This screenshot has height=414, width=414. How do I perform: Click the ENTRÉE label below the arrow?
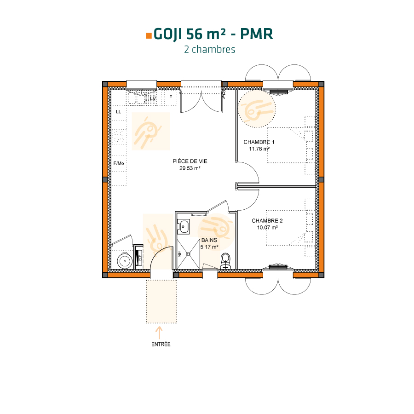pyautogui.click(x=161, y=344)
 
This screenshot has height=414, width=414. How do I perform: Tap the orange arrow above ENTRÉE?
pyautogui.click(x=159, y=333)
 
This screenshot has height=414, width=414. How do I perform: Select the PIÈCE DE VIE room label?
pyautogui.click(x=190, y=161)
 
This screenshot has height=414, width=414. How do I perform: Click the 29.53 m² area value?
pyautogui.click(x=190, y=168)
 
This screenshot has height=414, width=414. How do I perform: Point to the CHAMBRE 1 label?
pyautogui.click(x=259, y=142)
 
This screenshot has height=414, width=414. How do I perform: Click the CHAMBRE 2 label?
pyautogui.click(x=267, y=221)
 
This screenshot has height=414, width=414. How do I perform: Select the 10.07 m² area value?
pyautogui.click(x=267, y=228)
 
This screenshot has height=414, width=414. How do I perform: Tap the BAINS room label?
pyautogui.click(x=209, y=240)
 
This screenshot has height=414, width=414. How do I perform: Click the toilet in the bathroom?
pyautogui.click(x=225, y=261)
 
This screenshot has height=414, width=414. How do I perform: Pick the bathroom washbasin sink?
pyautogui.click(x=184, y=227)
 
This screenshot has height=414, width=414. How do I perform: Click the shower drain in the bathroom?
pyautogui.click(x=188, y=254)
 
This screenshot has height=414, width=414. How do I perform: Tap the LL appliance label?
pyautogui.click(x=119, y=112)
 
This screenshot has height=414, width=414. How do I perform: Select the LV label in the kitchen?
pyautogui.click(x=153, y=98)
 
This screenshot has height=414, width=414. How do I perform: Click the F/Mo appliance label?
pyautogui.click(x=119, y=163)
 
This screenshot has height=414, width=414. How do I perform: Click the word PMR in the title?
pyautogui.click(x=256, y=34)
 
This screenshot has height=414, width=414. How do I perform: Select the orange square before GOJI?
pyautogui.click(x=149, y=36)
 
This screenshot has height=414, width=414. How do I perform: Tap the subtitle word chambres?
pyautogui.click(x=213, y=50)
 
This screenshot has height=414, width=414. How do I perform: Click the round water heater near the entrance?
pyautogui.click(x=125, y=261)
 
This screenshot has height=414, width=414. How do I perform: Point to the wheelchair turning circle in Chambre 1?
pyautogui.click(x=257, y=109)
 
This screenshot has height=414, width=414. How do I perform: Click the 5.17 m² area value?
pyautogui.click(x=209, y=247)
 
